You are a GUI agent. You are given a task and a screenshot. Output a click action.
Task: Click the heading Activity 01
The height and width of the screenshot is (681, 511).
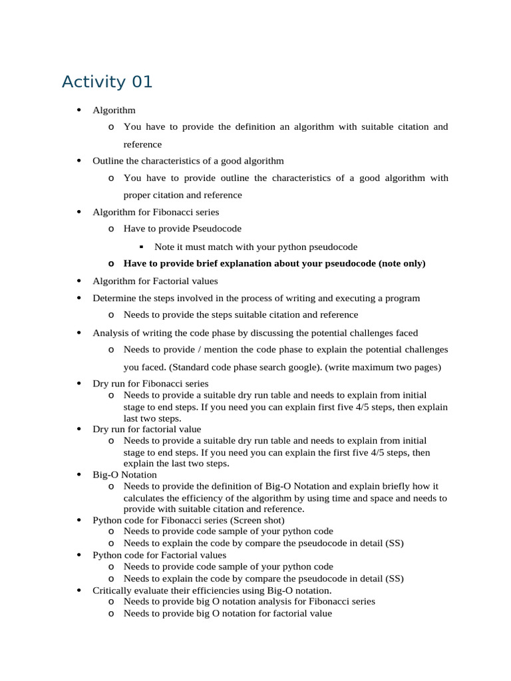click(x=107, y=82)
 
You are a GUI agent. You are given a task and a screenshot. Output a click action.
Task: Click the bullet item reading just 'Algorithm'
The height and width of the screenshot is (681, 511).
click(x=114, y=110)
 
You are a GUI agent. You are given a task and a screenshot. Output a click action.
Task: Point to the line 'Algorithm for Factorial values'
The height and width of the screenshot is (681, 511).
click(x=155, y=281)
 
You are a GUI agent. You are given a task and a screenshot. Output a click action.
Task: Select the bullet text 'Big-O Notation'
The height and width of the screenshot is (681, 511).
click(x=124, y=475)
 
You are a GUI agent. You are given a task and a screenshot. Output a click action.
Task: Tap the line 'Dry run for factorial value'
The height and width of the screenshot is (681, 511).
click(x=146, y=430)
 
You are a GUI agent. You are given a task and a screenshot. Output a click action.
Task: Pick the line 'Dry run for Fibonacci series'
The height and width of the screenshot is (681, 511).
click(x=150, y=384)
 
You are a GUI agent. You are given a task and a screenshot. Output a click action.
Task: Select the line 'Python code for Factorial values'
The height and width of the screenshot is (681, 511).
click(x=159, y=555)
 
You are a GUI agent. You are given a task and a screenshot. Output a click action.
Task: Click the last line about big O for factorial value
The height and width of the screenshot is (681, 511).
click(x=228, y=614)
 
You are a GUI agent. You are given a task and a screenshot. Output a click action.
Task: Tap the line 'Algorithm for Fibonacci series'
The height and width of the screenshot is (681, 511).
click(x=156, y=212)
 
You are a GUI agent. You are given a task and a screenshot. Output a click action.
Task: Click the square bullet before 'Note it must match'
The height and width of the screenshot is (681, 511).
click(x=143, y=246)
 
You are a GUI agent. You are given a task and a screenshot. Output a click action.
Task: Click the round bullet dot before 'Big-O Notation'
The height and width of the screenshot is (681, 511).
click(x=79, y=475)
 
